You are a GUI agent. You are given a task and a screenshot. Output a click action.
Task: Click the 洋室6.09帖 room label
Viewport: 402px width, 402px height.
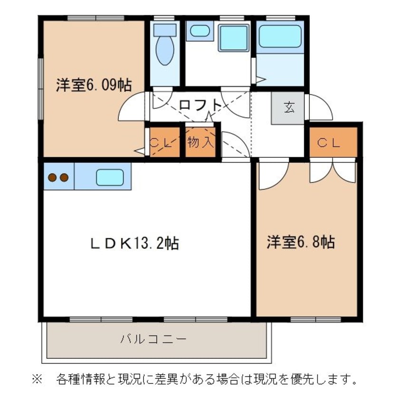[x=94, y=85]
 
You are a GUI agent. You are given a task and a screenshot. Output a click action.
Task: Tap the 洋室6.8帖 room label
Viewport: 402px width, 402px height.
[x=300, y=242]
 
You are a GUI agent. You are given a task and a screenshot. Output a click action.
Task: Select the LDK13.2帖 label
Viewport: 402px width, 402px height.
[x=134, y=244]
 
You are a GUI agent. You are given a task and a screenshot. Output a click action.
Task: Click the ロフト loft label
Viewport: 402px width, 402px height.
[x=200, y=104]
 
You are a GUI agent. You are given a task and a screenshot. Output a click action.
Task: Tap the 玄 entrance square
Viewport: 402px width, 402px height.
[x=288, y=108]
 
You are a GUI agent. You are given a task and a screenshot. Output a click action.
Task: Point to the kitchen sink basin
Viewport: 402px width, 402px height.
[x=110, y=177]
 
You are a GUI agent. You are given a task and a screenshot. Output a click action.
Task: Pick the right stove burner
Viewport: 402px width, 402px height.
[x=64, y=178]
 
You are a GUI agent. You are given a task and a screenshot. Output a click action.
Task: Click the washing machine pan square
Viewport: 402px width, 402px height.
[x=233, y=37]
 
